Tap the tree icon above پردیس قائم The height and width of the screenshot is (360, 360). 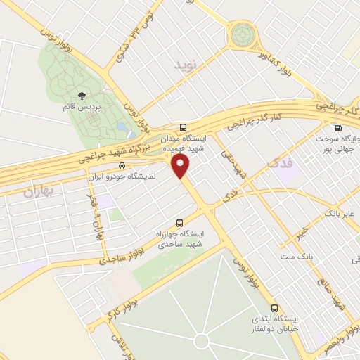82,95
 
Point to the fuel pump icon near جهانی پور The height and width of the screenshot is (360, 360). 339,129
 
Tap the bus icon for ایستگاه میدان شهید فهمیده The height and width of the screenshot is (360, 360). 184,128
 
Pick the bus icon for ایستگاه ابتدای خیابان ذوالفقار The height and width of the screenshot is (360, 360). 275,308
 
